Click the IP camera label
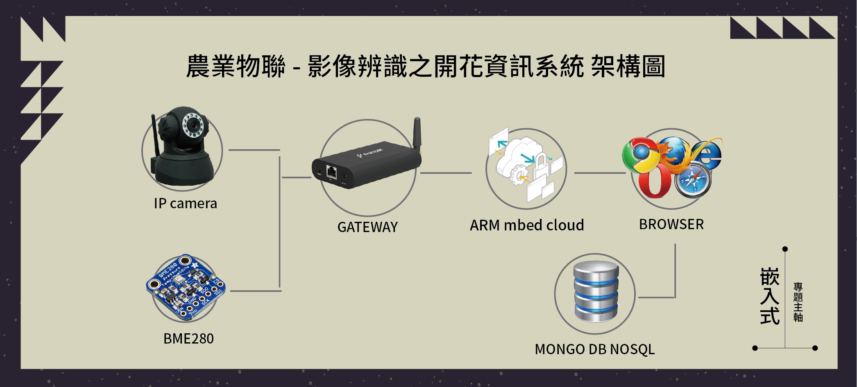[185, 203]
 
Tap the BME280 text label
[188, 339]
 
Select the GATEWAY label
[367, 227]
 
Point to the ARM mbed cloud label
[527, 225]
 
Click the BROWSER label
[671, 224]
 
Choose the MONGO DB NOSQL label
[595, 349]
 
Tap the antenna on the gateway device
[417, 133]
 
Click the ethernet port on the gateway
[331, 171]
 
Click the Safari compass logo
[693, 180]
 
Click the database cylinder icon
[596, 292]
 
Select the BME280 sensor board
[186, 287]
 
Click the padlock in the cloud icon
[541, 164]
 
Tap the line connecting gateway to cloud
[446, 173]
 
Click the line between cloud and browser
[600, 173]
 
